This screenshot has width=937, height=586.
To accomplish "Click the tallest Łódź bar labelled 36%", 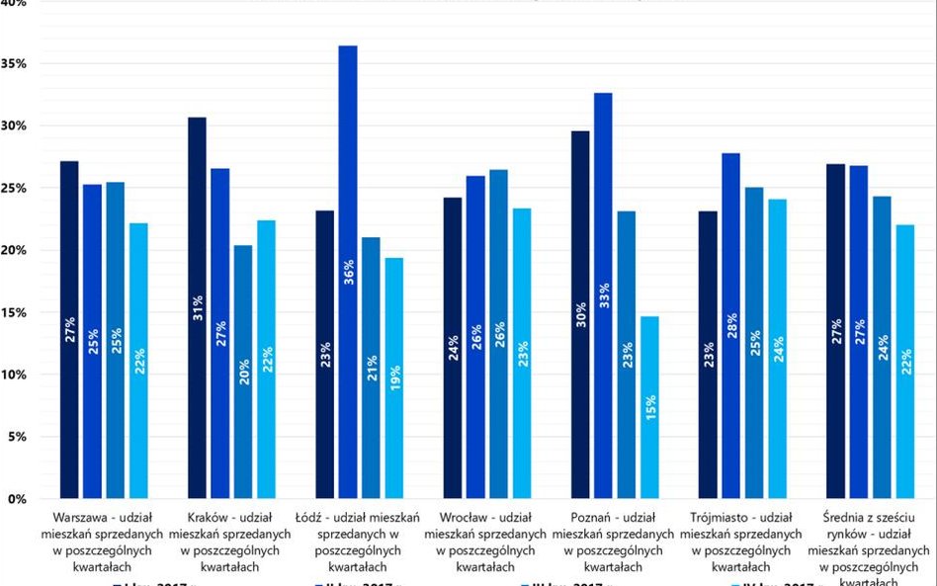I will point(347,272).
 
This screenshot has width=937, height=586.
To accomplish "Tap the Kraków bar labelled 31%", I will point(197,307).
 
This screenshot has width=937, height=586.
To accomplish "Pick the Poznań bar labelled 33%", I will point(603,295).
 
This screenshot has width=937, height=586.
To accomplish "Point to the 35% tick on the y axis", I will point(13,64).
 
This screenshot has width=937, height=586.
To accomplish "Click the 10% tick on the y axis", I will point(13,376).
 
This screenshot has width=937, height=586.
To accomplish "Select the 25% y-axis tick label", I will point(13,189).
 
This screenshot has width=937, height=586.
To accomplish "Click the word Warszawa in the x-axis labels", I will point(81,517).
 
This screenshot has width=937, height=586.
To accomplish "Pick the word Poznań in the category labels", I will point(591,517).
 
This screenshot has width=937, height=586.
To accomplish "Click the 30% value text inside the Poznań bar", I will point(579,313).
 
